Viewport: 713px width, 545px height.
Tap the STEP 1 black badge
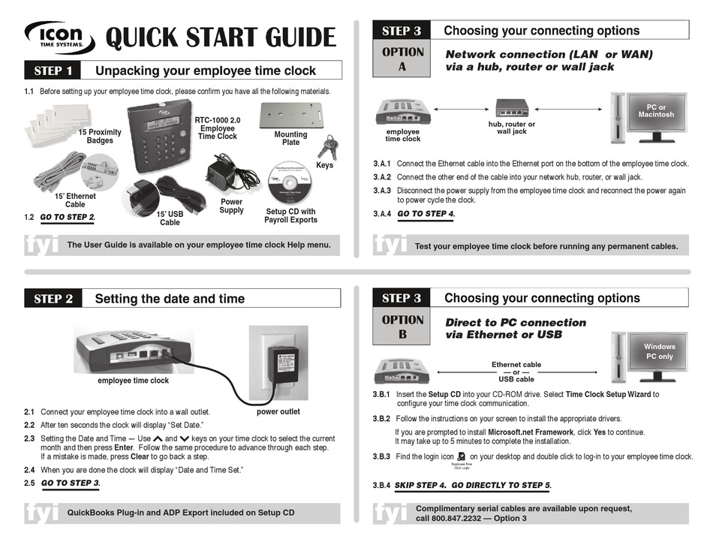pyautogui.click(x=53, y=71)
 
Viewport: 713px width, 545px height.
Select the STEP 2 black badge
pyautogui.click(x=53, y=299)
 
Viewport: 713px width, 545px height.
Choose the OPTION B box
pyautogui.click(x=402, y=327)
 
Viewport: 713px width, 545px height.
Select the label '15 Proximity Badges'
pyautogui.click(x=100, y=137)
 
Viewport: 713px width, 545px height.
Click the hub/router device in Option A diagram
pyautogui.click(x=512, y=108)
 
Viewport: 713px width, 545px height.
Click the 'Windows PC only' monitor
pyautogui.click(x=658, y=351)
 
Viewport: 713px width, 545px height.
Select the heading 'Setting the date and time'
pyautogui.click(x=170, y=299)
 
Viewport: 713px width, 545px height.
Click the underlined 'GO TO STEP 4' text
pyautogui.click(x=426, y=214)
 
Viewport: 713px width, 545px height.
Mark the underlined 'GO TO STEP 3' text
pyautogui.click(x=70, y=483)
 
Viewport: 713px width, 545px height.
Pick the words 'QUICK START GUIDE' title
pyautogui.click(x=221, y=37)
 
